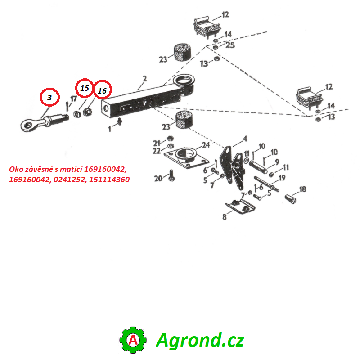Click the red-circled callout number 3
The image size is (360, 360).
(x=49, y=97)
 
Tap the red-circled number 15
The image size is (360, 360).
(x=85, y=88)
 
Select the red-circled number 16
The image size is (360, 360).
(x=102, y=91)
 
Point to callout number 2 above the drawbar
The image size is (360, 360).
(x=144, y=79)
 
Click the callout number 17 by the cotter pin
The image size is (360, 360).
(x=73, y=99)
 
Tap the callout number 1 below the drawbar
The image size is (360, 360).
(x=110, y=129)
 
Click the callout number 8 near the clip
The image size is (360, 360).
(x=224, y=217)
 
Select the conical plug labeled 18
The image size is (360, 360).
(x=290, y=198)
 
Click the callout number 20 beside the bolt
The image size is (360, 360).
(x=158, y=178)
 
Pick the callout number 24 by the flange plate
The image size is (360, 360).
(x=206, y=145)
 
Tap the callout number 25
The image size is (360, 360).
(x=230, y=45)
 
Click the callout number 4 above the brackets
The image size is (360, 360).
(x=245, y=139)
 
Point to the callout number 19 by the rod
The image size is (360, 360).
(x=282, y=178)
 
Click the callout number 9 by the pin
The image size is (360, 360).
(x=277, y=162)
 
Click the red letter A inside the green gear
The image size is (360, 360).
(x=133, y=340)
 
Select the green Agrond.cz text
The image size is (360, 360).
(x=200, y=340)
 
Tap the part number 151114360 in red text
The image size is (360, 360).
(x=109, y=180)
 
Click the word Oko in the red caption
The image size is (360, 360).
(x=16, y=169)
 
